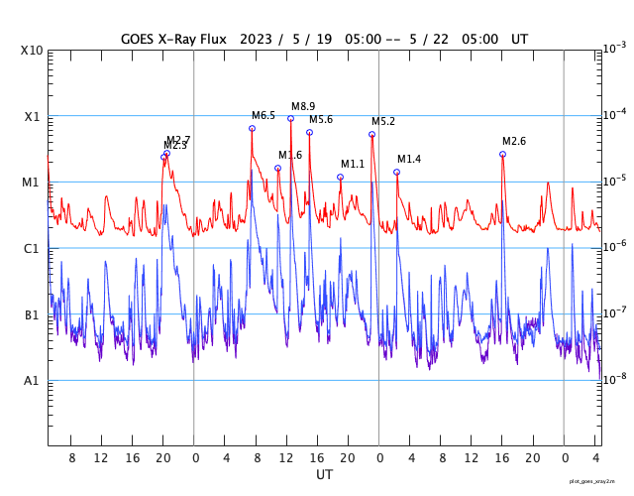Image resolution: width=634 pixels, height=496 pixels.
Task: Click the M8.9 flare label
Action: [x=303, y=106]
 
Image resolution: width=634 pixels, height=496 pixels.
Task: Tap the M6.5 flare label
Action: [x=264, y=116]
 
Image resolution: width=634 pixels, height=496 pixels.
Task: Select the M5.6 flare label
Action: [x=321, y=120]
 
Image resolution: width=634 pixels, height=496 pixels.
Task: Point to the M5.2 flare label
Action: [x=383, y=122]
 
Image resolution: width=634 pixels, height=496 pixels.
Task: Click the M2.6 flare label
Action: [x=514, y=142]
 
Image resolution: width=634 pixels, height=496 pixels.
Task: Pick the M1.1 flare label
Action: [x=353, y=165]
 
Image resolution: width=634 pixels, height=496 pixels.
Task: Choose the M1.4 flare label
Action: [x=409, y=160]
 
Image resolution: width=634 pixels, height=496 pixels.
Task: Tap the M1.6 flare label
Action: [x=290, y=156]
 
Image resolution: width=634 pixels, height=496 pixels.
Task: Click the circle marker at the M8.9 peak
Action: [x=290, y=119]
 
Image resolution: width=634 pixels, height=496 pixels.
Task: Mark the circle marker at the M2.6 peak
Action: [x=502, y=154]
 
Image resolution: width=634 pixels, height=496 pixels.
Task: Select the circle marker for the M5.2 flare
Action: [x=371, y=134]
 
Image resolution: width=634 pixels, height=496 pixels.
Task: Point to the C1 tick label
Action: [x=33, y=249]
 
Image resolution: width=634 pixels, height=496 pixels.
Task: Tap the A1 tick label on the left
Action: [x=33, y=381]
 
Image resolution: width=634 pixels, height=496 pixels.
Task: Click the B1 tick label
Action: [x=33, y=315]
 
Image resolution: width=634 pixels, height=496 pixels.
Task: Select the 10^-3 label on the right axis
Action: [x=614, y=48]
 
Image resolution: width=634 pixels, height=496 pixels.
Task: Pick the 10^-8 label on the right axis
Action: [x=614, y=378]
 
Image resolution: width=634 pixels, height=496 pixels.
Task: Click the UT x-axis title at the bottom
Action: [x=325, y=475]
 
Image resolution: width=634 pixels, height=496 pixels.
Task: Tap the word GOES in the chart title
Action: [x=141, y=39]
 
